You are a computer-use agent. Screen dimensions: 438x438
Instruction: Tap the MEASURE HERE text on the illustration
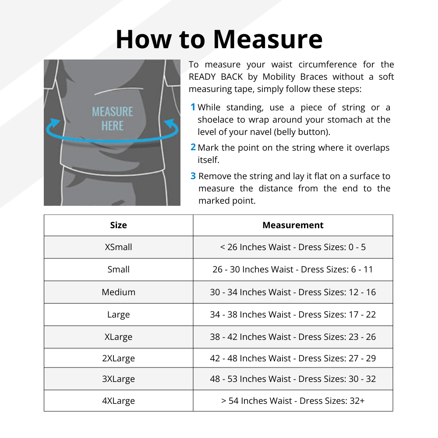pyautogui.click(x=113, y=119)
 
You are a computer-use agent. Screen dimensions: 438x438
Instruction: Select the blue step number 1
pyautogui.click(x=193, y=107)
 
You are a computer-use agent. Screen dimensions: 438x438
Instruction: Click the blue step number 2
pyautogui.click(x=193, y=148)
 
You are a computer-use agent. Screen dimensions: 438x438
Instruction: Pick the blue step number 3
pyautogui.click(x=193, y=176)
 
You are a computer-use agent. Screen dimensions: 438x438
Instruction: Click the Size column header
pyautogui.click(x=118, y=225)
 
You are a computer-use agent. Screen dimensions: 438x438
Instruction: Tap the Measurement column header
pyautogui.click(x=293, y=225)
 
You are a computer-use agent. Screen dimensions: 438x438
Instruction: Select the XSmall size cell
pyautogui.click(x=118, y=247)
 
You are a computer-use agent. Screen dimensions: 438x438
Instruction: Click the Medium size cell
pyautogui.click(x=118, y=292)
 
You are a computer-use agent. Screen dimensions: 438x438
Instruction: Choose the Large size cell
pyautogui.click(x=118, y=314)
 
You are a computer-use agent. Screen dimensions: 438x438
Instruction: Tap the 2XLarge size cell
pyautogui.click(x=118, y=358)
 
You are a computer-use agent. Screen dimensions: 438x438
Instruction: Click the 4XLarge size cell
pyautogui.click(x=118, y=401)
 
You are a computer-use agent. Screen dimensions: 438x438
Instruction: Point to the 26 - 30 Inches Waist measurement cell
pyautogui.click(x=293, y=269)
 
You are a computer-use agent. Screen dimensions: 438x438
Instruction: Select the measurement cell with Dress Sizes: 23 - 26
pyautogui.click(x=293, y=337)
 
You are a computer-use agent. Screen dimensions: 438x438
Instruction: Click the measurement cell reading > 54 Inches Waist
pyautogui.click(x=293, y=401)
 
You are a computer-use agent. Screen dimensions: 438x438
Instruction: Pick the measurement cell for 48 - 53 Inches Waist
pyautogui.click(x=293, y=379)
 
